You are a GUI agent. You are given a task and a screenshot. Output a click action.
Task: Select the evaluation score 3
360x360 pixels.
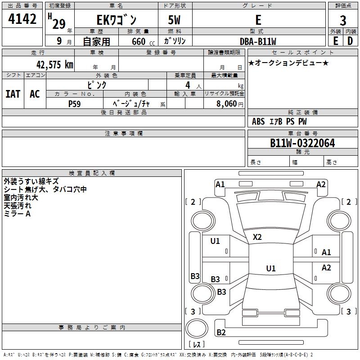[343, 21]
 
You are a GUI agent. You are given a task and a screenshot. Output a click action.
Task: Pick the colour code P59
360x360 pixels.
[75, 103]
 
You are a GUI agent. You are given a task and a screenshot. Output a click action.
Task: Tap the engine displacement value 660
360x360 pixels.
[138, 41]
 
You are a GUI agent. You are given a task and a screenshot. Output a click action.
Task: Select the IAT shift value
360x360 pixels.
[13, 94]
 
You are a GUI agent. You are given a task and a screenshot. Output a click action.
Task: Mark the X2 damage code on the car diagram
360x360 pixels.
[257, 237]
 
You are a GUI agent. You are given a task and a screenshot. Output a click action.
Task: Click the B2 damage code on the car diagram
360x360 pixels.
[221, 333]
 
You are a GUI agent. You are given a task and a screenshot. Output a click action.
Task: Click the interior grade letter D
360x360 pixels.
[350, 41]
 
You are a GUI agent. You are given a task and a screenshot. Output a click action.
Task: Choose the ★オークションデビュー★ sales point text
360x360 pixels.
[288, 63]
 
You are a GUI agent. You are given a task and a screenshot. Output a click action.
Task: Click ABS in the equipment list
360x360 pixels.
[258, 121]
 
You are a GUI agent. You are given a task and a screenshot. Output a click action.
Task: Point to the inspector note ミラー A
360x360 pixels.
[17, 214]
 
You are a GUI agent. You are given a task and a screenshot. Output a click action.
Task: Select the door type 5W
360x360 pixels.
[175, 20]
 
